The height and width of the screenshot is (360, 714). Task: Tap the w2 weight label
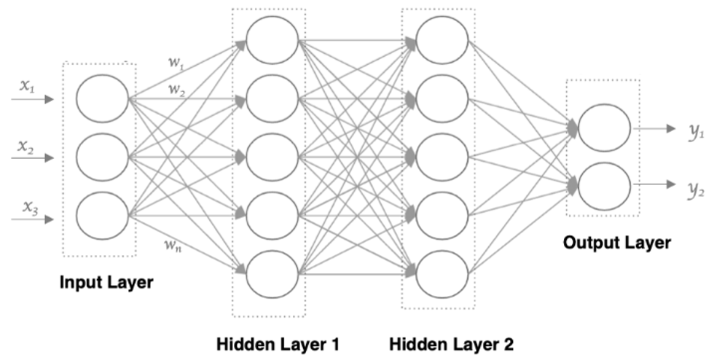(x=176, y=90)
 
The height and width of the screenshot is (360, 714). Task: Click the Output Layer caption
(x=616, y=243)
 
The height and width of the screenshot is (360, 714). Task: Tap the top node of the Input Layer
(x=102, y=98)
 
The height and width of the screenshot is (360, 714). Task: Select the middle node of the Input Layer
(x=102, y=157)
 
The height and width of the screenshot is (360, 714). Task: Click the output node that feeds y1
(x=604, y=128)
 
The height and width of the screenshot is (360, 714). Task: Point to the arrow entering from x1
(x=36, y=98)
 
